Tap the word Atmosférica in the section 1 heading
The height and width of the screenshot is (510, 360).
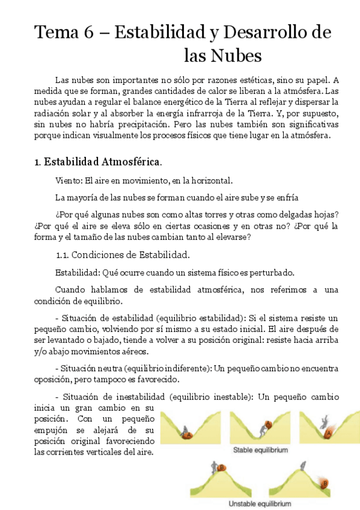coord(131,162)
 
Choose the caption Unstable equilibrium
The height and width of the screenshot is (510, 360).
coord(260,504)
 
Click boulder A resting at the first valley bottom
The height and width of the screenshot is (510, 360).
coord(188,434)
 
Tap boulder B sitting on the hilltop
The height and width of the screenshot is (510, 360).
coord(222,467)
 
